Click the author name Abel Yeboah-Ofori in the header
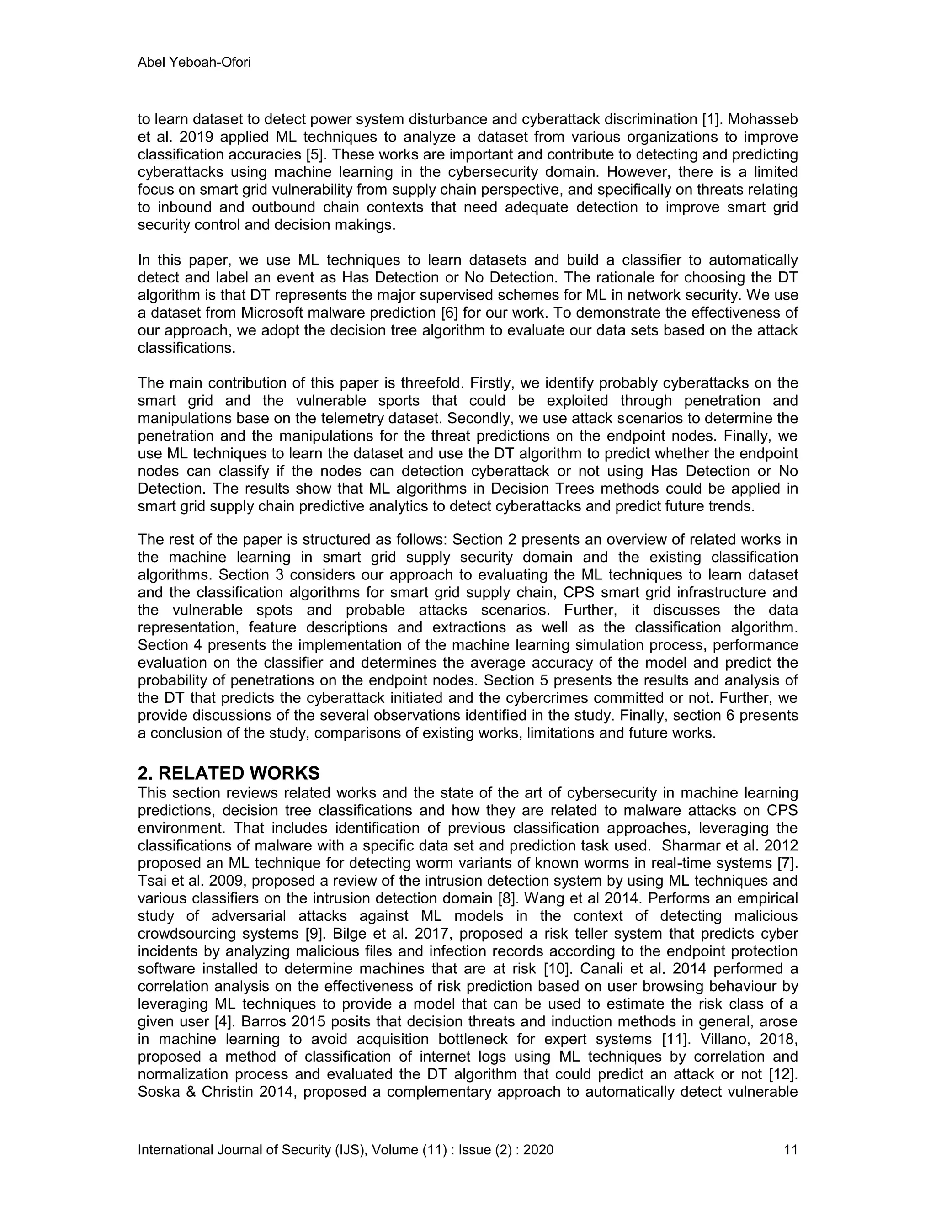pos(194,63)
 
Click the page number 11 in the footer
pos(791,1149)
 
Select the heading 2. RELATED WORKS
pos(229,773)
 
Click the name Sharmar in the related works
pos(691,845)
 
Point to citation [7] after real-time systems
pos(786,863)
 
